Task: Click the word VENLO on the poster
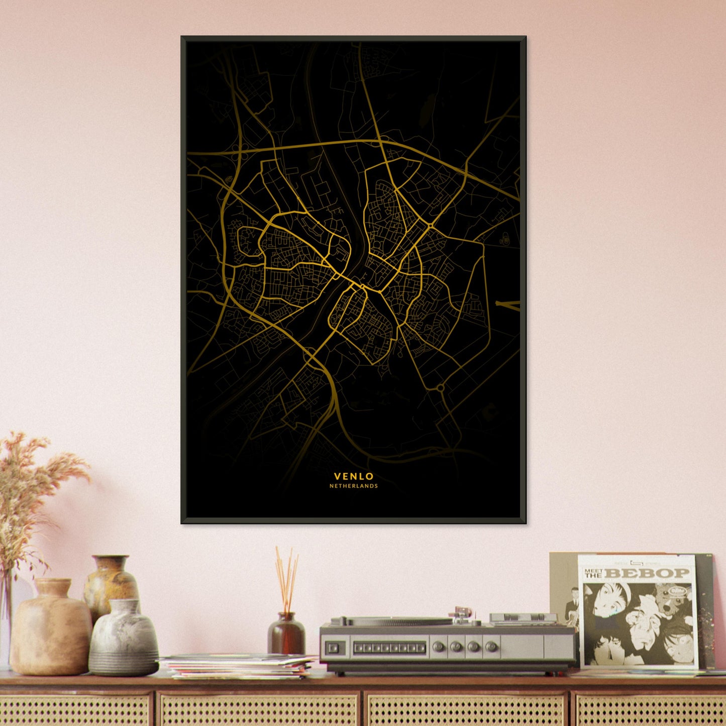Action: point(354,476)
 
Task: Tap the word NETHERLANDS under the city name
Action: point(354,486)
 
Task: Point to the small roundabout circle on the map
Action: point(440,388)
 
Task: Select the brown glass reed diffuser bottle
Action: point(286,634)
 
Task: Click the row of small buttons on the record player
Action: point(390,648)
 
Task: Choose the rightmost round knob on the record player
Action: point(492,646)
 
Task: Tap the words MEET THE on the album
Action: point(593,573)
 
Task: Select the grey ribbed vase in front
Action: point(124,638)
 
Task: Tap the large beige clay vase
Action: point(50,628)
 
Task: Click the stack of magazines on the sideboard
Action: point(239,665)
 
